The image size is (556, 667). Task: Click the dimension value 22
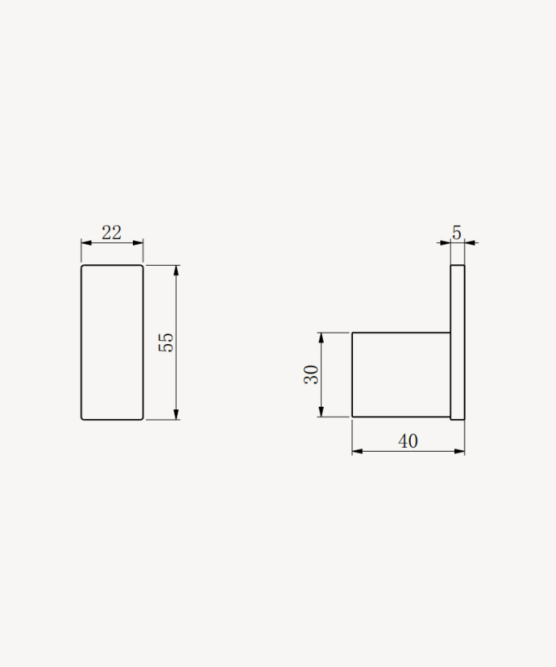[x=112, y=232]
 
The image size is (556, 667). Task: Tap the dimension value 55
[x=166, y=342]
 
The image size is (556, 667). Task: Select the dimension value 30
[x=311, y=374]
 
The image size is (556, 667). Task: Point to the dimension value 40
[x=408, y=441]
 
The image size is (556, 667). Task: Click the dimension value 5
[x=457, y=232]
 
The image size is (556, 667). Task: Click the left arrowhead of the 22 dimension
[x=86, y=243]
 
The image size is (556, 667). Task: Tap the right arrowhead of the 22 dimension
[x=138, y=243]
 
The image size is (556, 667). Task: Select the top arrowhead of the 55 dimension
[x=177, y=271]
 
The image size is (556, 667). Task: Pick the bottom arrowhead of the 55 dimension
[x=177, y=414]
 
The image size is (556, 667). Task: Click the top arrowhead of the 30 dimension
[x=321, y=338]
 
